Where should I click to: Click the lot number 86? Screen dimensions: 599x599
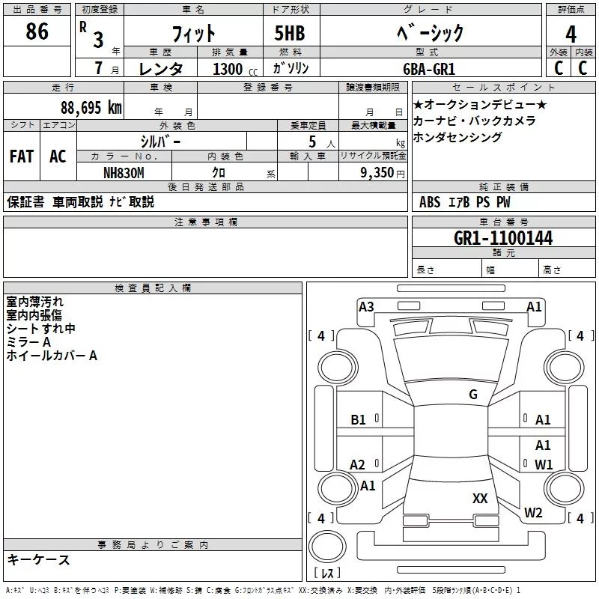point(37,31)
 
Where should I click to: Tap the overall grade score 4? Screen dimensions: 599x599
point(571,34)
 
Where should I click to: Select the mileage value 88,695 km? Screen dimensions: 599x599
point(91,108)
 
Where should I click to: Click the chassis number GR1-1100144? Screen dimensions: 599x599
point(503,238)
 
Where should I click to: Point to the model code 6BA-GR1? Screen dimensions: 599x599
point(429,69)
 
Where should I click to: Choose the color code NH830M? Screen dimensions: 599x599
point(124,173)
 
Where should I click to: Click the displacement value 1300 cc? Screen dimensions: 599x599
point(235,69)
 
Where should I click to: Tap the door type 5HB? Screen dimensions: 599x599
point(290,33)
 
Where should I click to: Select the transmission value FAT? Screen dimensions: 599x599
point(22,156)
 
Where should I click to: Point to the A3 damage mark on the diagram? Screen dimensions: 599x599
point(366,307)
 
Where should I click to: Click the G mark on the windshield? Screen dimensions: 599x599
point(473,395)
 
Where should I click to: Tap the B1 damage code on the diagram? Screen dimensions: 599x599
point(358,420)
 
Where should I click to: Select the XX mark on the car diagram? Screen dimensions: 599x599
point(480,498)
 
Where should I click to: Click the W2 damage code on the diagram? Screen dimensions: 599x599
point(533,512)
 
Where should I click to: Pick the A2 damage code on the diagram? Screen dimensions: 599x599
point(357,464)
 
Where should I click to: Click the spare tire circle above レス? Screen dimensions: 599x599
point(327,547)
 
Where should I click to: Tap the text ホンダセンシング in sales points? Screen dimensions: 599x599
point(457,137)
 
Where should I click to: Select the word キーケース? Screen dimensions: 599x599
point(39,559)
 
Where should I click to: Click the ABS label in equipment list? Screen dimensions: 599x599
point(430,202)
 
